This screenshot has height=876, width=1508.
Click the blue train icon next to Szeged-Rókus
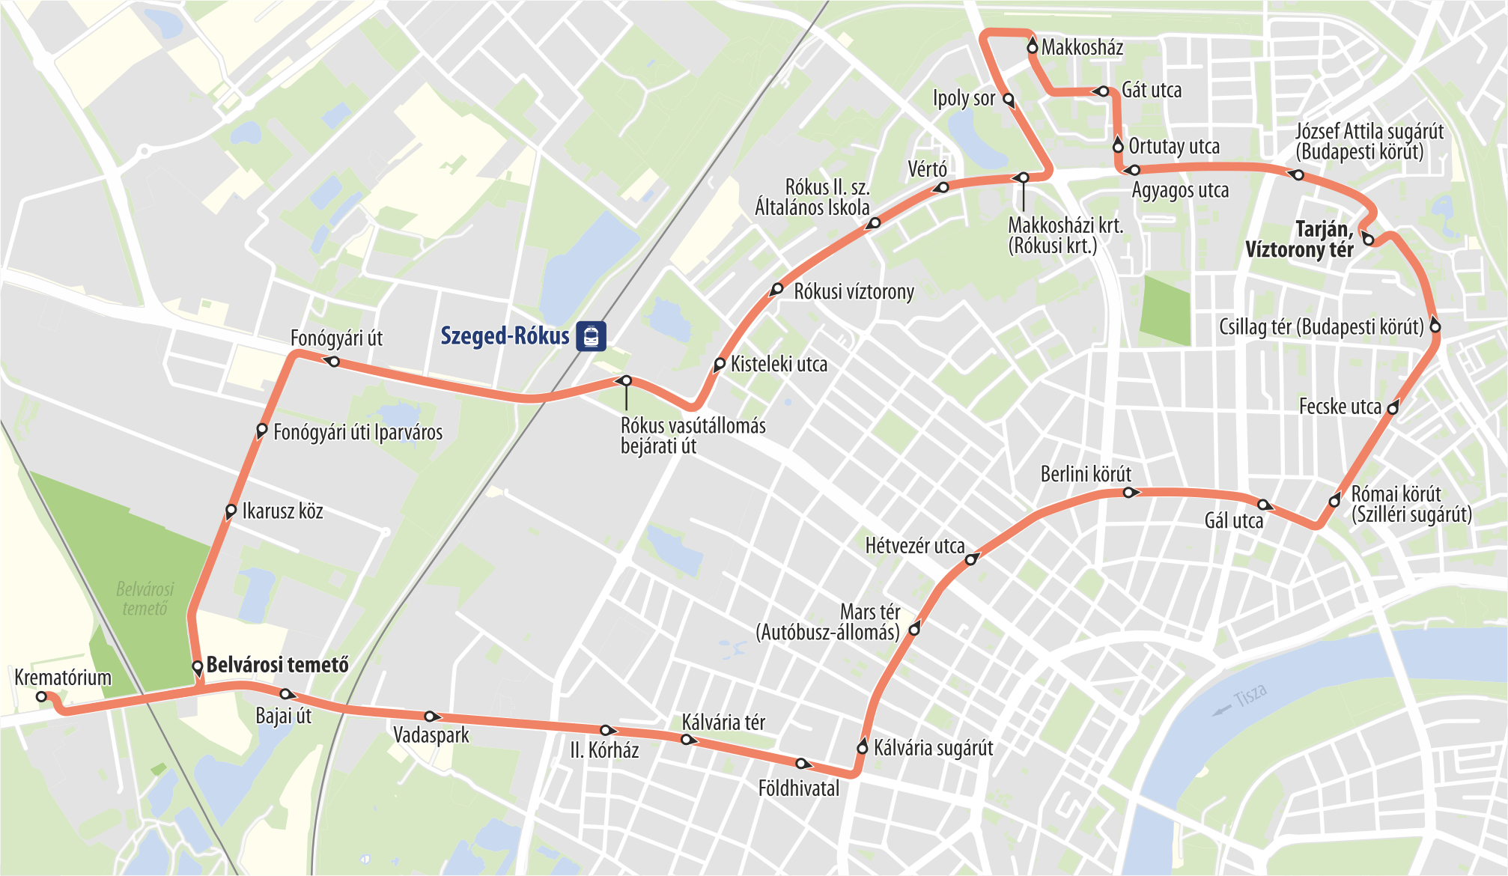point(591,336)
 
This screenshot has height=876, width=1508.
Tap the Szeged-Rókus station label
point(505,336)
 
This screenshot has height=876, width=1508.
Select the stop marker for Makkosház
point(1033,47)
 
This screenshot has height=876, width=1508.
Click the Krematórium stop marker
point(42,696)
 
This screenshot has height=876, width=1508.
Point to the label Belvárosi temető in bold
point(277,665)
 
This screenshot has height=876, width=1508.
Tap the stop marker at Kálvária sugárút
point(862,748)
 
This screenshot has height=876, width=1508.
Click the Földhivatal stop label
point(798,788)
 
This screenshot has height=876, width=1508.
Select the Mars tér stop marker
point(914,630)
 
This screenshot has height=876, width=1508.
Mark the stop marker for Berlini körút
point(1128,492)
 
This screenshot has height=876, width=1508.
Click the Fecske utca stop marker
point(1393,408)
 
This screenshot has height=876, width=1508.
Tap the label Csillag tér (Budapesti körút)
point(1321,327)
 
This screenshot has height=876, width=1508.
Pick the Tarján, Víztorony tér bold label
point(1301,240)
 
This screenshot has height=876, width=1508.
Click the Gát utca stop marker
point(1103,91)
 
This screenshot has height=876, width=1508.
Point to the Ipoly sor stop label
point(964,98)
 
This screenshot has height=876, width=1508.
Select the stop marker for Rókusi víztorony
point(777,289)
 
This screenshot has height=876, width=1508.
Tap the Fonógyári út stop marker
point(334,362)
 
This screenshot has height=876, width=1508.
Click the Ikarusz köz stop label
point(282,511)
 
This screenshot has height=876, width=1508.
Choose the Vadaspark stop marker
point(430,717)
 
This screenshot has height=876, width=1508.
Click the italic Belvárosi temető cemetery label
point(145,599)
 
